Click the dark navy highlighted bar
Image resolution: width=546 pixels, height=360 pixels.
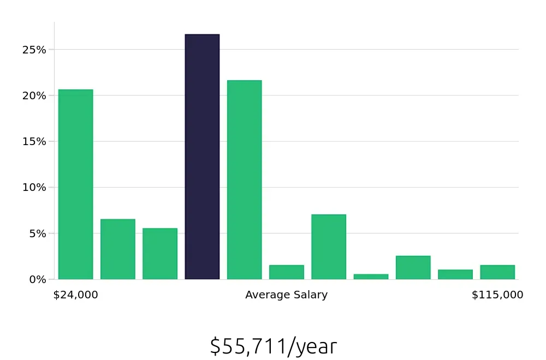202,157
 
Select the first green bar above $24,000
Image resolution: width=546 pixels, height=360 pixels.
75,184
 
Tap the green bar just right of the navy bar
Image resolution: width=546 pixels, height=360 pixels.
244,180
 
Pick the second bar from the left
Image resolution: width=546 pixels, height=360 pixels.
117,249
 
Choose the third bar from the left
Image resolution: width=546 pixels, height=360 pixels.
160,254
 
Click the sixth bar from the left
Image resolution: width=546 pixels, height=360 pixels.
286,272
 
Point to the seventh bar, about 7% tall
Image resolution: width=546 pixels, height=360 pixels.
329,247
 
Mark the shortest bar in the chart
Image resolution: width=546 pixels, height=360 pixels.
371,277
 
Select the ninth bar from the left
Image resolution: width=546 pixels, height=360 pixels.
413,268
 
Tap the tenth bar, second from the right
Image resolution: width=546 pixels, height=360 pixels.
455,274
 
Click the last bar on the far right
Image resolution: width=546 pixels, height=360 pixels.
497,272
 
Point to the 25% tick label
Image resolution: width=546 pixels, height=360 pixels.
34,50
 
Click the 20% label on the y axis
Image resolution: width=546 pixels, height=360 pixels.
34,95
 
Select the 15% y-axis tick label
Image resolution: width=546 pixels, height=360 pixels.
34,141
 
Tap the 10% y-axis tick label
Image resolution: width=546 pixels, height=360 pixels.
34,187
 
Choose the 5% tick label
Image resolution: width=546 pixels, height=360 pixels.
37,233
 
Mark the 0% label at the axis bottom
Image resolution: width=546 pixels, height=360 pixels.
37,279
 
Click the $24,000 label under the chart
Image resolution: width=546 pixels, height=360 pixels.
75,295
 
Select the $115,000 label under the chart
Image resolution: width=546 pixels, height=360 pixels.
497,295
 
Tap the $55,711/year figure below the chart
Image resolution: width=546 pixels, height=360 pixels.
273,346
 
